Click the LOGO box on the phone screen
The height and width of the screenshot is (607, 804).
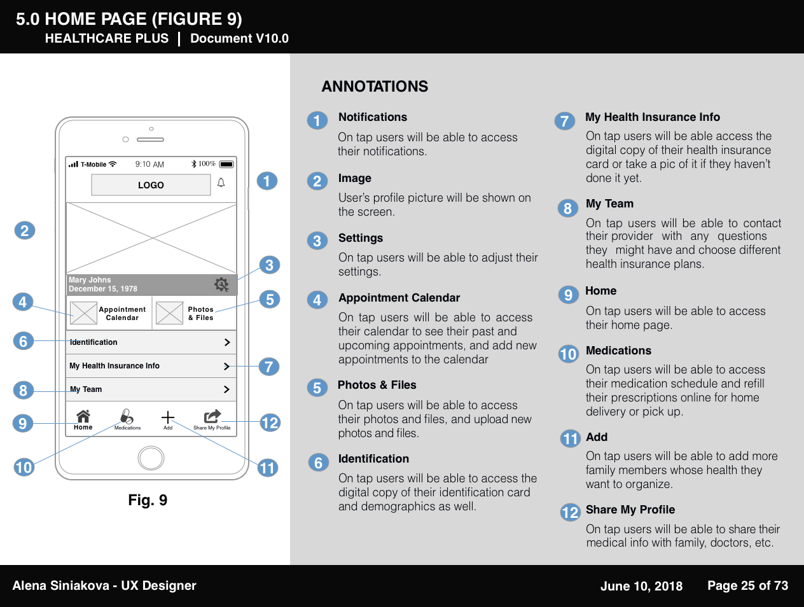[151, 185]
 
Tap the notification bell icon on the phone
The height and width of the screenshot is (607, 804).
[221, 183]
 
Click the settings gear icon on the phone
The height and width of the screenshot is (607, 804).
[221, 284]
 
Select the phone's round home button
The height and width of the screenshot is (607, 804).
[151, 457]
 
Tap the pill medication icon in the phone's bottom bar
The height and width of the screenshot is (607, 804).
[127, 417]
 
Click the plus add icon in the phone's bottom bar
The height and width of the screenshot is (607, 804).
[167, 417]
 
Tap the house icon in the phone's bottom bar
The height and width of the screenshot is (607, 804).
[83, 417]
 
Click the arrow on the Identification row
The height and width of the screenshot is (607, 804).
[227, 342]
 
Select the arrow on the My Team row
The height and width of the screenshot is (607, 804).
[227, 389]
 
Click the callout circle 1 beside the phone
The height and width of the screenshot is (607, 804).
[267, 181]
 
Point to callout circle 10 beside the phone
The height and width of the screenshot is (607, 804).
[24, 467]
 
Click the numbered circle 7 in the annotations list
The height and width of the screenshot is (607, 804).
[564, 121]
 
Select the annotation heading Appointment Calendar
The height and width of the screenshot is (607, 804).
[399, 298]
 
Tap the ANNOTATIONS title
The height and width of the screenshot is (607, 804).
[375, 87]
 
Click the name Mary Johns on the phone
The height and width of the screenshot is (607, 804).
[90, 280]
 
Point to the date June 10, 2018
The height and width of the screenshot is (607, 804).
[641, 586]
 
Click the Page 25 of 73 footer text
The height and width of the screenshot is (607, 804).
[747, 585]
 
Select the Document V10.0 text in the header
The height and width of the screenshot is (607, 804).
[239, 38]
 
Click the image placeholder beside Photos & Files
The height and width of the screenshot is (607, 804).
[169, 313]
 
